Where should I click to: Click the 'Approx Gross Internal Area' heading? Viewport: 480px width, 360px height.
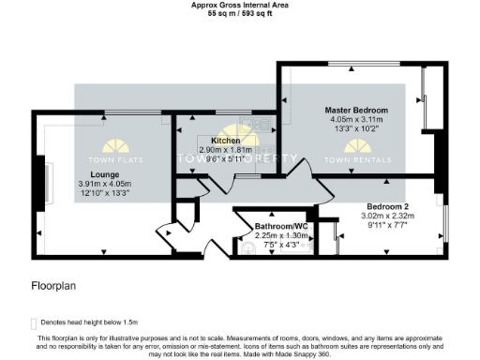click(239, 5)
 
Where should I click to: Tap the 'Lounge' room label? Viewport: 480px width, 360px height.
click(105, 174)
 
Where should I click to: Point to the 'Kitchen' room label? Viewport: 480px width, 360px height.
click(214, 140)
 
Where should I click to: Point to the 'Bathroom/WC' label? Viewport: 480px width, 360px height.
click(281, 227)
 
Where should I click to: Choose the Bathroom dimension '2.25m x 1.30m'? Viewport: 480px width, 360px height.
click(281, 236)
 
